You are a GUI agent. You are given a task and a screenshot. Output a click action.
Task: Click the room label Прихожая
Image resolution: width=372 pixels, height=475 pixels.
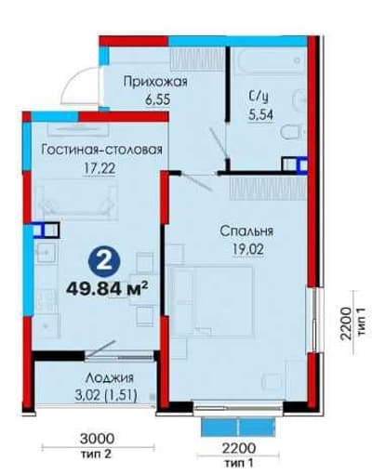coord(155,82)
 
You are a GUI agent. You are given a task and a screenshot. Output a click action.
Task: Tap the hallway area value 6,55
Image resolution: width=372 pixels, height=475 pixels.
coord(157,100)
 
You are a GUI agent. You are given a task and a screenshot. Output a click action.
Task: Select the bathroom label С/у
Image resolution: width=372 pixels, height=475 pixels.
coord(259,97)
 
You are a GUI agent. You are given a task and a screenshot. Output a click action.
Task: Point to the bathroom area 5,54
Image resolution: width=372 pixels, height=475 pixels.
coord(260,115)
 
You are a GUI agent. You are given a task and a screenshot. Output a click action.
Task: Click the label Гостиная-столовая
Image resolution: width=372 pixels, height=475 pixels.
coord(102,150)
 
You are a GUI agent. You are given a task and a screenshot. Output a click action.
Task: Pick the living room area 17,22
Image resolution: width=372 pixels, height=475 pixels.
coord(100,168)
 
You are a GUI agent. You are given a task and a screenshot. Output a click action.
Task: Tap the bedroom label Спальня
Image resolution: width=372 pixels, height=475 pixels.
coord(246,231)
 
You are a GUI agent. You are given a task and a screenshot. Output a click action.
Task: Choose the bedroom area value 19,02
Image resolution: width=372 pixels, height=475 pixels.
coord(248,249)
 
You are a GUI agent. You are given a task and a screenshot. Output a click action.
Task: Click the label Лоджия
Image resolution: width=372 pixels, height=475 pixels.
coord(110,378)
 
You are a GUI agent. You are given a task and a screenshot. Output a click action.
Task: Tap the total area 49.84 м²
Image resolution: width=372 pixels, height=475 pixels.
coord(107,289)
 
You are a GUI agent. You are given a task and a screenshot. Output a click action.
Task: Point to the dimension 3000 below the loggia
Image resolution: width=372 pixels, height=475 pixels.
coord(97,439)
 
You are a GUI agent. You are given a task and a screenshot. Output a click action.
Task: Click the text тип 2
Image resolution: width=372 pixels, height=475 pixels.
coord(96,455)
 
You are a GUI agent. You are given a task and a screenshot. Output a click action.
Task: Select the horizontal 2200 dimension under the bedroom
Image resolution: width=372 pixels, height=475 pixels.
coord(239,448)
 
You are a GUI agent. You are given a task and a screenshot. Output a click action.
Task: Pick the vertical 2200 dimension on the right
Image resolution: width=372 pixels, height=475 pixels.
coord(346,323)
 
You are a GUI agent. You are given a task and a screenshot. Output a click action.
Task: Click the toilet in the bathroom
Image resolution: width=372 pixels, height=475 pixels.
coord(292,132)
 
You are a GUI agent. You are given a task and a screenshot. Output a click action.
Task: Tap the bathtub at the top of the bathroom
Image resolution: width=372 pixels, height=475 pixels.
coord(270,60)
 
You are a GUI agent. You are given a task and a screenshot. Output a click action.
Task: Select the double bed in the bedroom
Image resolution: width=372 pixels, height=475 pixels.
coord(213,301)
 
